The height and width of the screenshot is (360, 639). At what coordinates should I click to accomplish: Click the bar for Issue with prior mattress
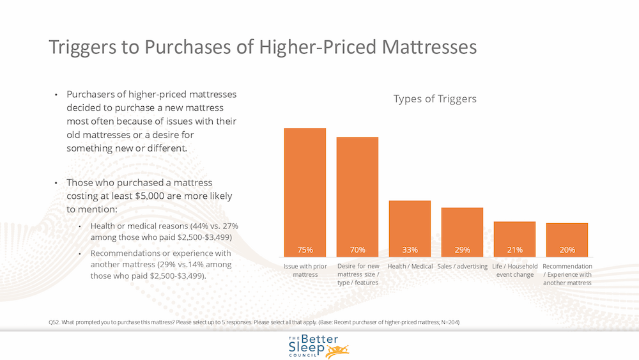click(x=305, y=192)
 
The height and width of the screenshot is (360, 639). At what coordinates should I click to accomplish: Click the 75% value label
click(x=305, y=249)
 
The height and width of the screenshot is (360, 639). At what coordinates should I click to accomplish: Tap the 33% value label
click(x=410, y=249)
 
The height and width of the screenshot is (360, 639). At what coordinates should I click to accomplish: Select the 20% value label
click(x=567, y=249)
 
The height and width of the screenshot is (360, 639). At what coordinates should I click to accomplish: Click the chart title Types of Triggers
click(x=435, y=99)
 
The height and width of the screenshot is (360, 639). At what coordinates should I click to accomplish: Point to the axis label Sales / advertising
click(x=462, y=266)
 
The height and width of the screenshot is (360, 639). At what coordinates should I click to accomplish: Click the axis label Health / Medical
click(x=410, y=266)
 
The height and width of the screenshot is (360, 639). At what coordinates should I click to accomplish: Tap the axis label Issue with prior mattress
click(x=305, y=270)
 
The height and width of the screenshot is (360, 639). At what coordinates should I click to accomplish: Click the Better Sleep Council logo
click(x=318, y=346)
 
